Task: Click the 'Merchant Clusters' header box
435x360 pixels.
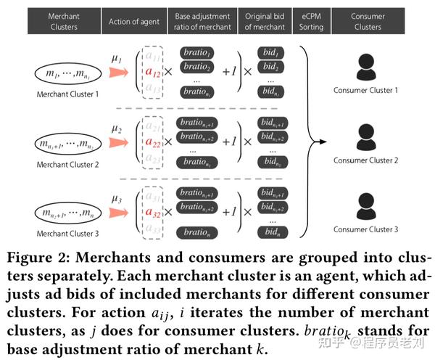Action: [64, 22]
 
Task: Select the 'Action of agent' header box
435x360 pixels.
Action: [134, 22]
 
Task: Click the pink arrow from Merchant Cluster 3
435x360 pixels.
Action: [117, 214]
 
